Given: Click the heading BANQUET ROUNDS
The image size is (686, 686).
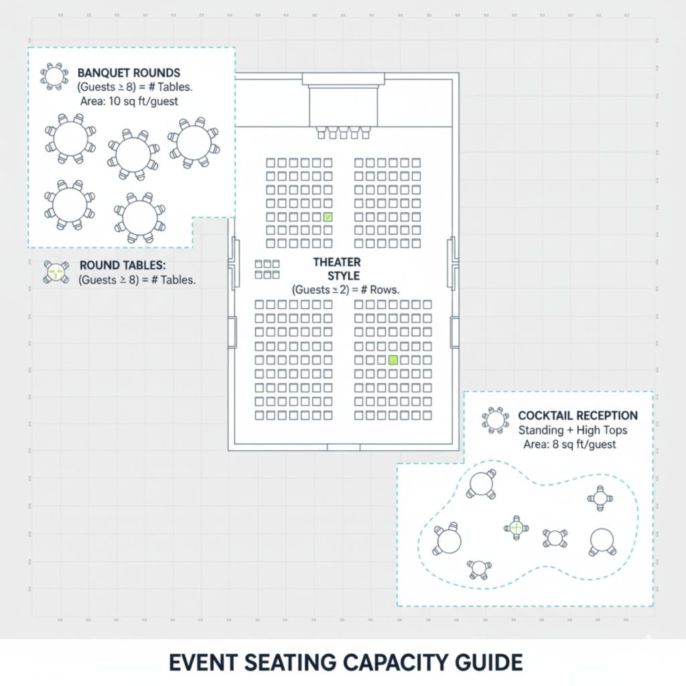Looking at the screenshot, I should tap(129, 72).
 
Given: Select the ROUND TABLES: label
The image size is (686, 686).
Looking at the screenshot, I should tap(123, 265).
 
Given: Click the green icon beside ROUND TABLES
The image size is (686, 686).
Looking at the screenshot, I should tap(56, 272).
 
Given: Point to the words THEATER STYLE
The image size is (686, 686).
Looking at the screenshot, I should tap(336, 269).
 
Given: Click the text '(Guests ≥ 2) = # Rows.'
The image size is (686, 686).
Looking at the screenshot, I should tap(345, 290).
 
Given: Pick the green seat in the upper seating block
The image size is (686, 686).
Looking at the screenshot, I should tap(328, 216).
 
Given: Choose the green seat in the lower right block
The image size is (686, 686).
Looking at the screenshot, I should tap(393, 360).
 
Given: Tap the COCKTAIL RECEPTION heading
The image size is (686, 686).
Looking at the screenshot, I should tap(577, 416).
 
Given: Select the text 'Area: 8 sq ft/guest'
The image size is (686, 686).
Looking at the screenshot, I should tap(569, 444).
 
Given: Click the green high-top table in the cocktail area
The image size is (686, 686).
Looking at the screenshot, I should tap(517, 529).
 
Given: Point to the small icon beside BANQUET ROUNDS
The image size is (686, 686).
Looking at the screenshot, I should tap(54, 76).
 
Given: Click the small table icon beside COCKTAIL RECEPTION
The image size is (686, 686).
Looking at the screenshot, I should tap(496, 420).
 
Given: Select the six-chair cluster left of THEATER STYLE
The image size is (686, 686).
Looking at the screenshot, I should tap(267, 269).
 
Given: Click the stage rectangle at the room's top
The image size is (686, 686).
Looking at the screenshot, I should tap(343, 106).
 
